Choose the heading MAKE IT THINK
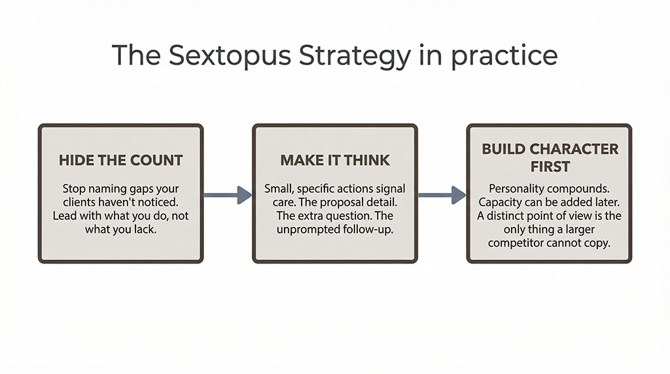335,160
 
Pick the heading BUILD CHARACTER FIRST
549,157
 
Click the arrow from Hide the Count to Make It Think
228,194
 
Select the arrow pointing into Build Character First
442,194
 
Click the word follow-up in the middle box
371,230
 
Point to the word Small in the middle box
279,188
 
